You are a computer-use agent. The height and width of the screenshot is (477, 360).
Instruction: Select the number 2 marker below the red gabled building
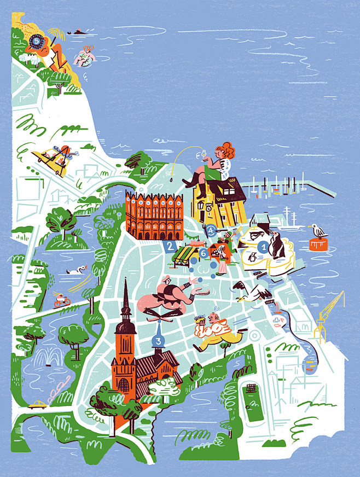pos(170,246)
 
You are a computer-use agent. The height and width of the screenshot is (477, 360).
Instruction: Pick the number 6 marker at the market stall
pos(204,253)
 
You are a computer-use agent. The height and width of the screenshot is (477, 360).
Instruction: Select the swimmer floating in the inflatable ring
pos(85,55)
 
